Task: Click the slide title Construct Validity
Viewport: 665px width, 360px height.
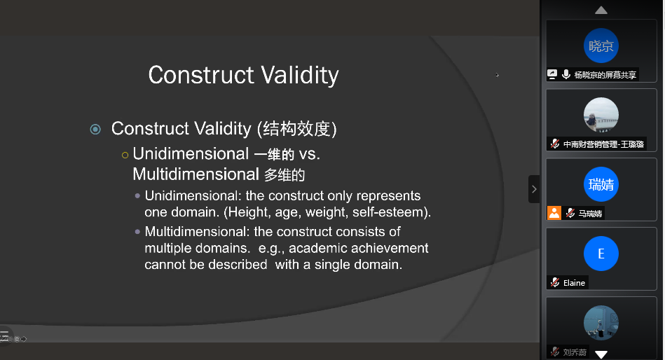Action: (x=243, y=75)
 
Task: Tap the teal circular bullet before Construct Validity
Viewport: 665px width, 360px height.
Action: (x=95, y=129)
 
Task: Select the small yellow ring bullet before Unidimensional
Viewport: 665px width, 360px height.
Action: (x=125, y=155)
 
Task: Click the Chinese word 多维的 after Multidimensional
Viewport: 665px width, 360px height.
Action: (x=284, y=174)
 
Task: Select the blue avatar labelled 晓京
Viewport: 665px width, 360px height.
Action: (x=601, y=46)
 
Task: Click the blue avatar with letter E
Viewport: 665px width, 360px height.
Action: (x=601, y=254)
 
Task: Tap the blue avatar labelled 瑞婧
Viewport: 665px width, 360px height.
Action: (x=601, y=184)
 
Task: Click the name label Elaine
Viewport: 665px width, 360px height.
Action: (x=574, y=283)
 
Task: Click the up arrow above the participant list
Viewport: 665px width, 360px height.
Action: (x=601, y=11)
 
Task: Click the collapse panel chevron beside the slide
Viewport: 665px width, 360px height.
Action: (x=534, y=189)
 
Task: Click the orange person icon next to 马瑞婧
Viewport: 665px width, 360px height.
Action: (x=554, y=213)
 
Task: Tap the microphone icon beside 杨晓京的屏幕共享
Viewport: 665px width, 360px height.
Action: (x=565, y=75)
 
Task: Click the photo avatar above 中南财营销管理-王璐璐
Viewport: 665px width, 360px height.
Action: (x=601, y=115)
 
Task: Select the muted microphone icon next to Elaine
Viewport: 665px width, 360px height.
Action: (x=555, y=282)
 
